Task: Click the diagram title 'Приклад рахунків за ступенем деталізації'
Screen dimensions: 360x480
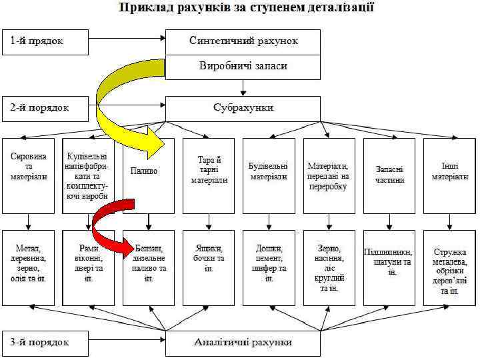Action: pos(246,9)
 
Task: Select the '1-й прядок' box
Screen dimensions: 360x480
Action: pos(45,41)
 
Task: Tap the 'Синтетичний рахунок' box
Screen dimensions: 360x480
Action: pos(243,41)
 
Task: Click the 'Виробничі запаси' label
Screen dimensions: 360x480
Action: pos(243,67)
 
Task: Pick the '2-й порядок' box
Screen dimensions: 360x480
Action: pos(45,106)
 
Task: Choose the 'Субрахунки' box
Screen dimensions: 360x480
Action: pos(243,107)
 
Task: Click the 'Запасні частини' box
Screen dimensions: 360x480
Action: pos(389,175)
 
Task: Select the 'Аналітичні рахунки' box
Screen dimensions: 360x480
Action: pos(243,343)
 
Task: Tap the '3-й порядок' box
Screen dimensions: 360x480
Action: pos(45,343)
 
